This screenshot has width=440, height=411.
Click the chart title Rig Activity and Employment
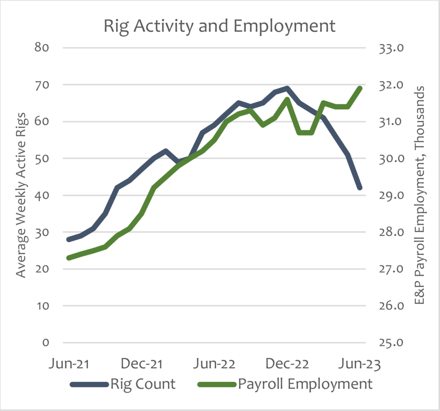click(x=220, y=26)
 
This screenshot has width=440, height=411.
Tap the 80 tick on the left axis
click(x=42, y=48)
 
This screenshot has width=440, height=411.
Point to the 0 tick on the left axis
click(x=46, y=343)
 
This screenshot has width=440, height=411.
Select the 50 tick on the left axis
click(x=42, y=159)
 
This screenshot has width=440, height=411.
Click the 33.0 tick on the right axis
click(x=391, y=48)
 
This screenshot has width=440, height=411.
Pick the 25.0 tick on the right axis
click(x=391, y=343)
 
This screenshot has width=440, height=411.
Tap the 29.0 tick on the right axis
click(x=391, y=195)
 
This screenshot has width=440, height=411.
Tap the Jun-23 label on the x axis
click(x=358, y=364)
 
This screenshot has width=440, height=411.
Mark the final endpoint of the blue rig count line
click(x=360, y=188)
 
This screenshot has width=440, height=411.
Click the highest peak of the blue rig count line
click(x=287, y=88)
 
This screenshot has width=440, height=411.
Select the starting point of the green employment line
click(x=68, y=258)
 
